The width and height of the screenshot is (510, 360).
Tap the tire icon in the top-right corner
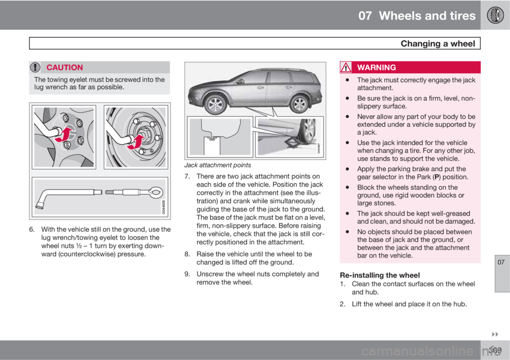(x=495, y=15)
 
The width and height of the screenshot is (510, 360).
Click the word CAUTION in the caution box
(x=64, y=67)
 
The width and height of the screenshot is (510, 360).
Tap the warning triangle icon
(x=347, y=67)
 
